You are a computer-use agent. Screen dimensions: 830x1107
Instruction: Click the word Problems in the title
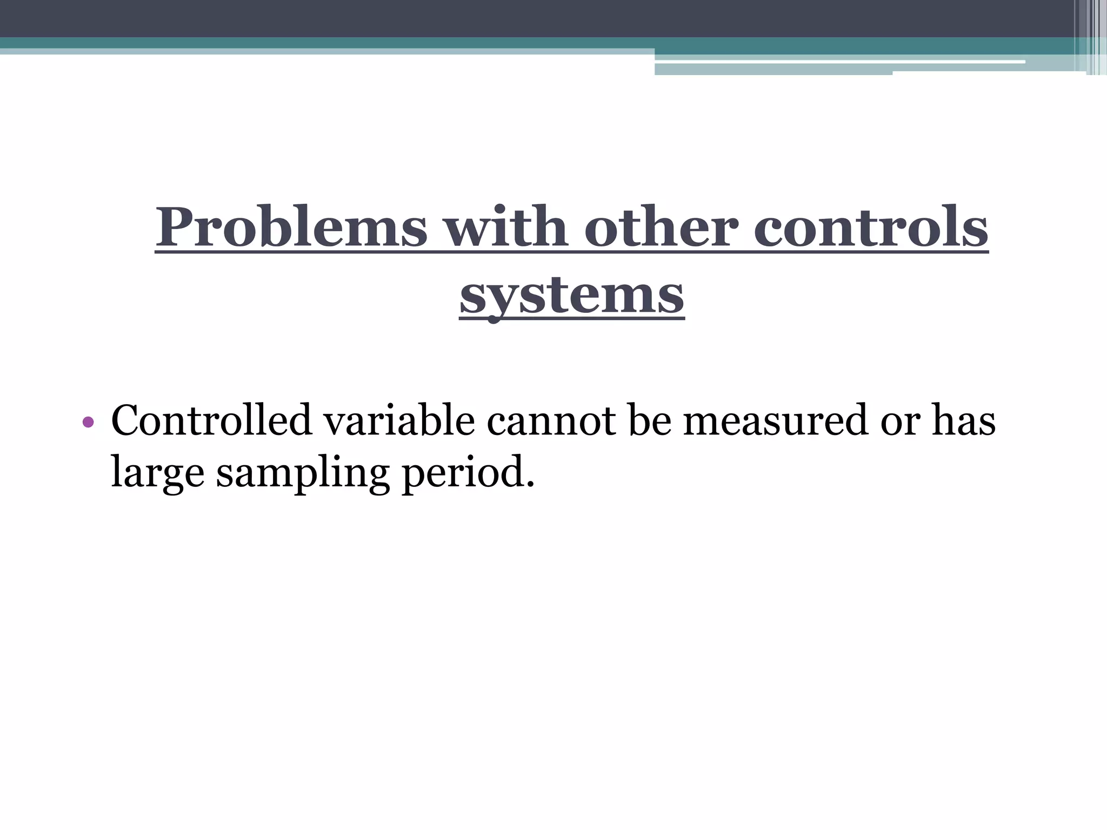click(x=291, y=227)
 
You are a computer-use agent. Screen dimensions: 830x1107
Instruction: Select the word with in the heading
click(x=505, y=227)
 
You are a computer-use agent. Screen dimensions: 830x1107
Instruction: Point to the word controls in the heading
click(x=871, y=227)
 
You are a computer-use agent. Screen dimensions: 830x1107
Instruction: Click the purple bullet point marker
click(x=88, y=422)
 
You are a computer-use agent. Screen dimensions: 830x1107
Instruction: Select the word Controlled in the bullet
click(x=211, y=420)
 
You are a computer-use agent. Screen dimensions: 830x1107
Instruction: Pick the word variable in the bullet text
click(x=399, y=420)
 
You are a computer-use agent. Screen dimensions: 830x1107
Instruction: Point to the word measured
click(x=775, y=420)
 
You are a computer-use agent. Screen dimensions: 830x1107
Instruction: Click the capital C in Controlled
click(x=128, y=420)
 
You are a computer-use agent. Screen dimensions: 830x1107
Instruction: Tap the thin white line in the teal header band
click(x=838, y=62)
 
